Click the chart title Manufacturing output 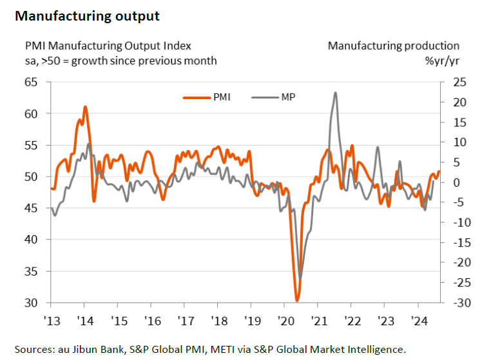[86, 16]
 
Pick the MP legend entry [273, 98]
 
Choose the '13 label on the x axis [51, 321]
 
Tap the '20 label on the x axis [284, 321]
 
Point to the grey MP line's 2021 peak [336, 93]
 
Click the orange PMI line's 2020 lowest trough [297, 300]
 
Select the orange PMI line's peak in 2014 [85, 107]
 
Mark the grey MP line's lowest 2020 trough [300, 278]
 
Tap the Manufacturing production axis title [394, 46]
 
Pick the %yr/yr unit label [441, 61]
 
